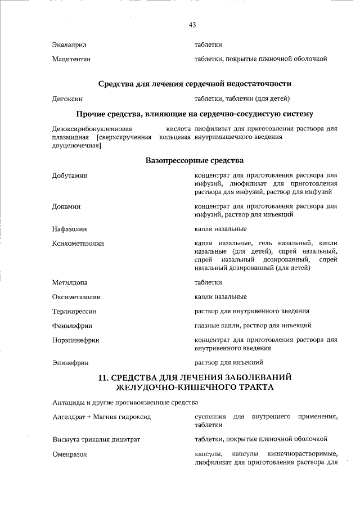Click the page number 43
[192, 25]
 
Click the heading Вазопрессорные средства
[194, 160]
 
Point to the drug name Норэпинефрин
[75, 340]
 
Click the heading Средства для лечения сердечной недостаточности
[195, 84]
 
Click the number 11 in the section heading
[103, 377]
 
